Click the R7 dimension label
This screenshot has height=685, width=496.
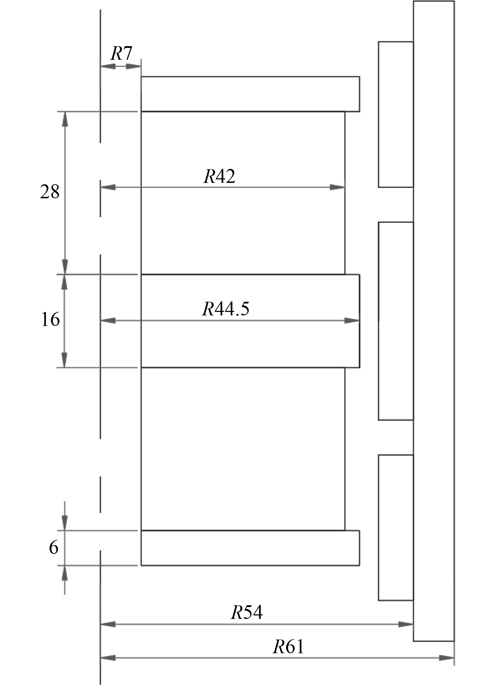121,53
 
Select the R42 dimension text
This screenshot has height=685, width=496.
219,176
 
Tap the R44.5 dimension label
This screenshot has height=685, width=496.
226,309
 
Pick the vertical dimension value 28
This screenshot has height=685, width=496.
50,192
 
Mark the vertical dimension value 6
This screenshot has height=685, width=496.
53,547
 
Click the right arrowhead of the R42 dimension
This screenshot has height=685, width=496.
337,187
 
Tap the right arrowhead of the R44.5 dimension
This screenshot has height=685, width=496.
352,320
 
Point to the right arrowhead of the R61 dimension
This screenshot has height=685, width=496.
447,658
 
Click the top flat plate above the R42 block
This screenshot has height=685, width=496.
250,94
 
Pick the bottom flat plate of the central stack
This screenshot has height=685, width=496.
250,548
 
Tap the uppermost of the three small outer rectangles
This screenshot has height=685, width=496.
396,114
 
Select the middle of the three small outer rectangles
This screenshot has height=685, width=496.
396,321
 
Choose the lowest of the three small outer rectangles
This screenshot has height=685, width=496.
396,527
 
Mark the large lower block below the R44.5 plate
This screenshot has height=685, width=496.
243,449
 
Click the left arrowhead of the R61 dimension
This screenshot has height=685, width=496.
108,658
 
